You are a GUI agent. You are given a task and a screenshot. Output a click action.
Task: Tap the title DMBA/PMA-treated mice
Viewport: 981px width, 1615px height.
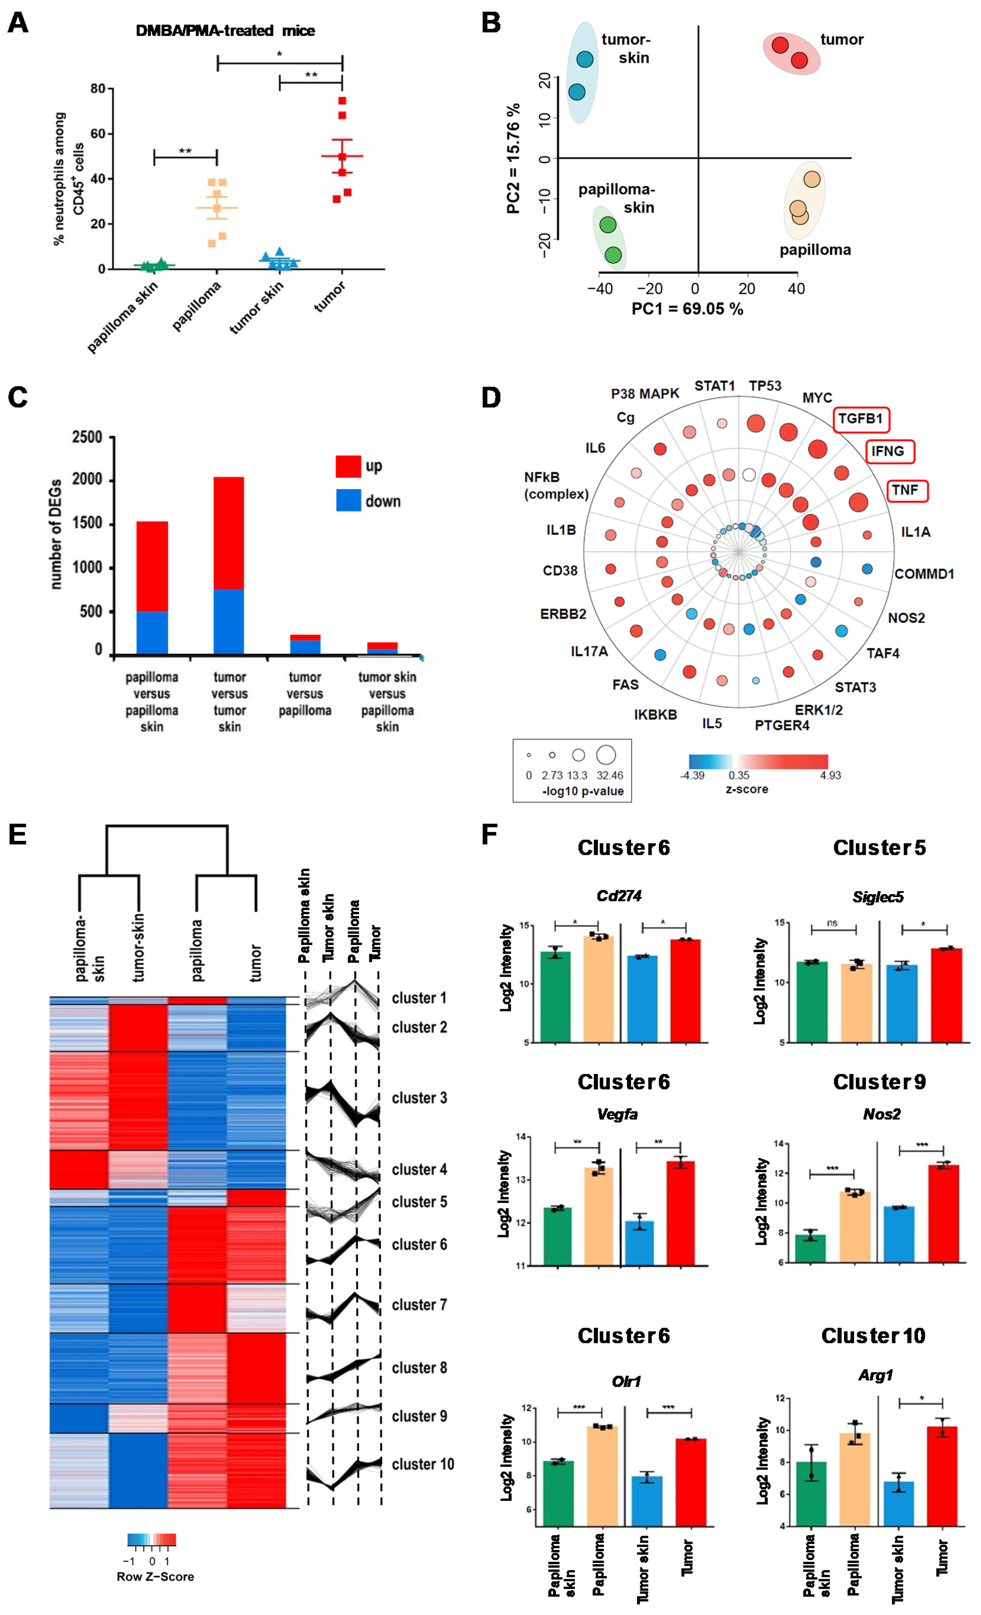[225, 31]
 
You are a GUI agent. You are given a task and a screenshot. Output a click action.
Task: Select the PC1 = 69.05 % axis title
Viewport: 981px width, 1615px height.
[687, 309]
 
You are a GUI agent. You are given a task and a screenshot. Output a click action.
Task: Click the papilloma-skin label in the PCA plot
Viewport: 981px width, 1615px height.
[617, 198]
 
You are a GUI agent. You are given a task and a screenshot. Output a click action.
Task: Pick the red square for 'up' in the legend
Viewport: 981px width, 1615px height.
[348, 466]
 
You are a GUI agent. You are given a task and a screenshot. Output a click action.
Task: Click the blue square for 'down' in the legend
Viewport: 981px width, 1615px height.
[348, 501]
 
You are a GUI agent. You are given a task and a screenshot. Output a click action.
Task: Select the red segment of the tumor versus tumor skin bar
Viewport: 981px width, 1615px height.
[229, 533]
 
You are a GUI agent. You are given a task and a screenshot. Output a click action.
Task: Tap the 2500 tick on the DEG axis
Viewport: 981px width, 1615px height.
[87, 437]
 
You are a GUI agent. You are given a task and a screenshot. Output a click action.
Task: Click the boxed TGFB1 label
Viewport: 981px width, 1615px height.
[860, 419]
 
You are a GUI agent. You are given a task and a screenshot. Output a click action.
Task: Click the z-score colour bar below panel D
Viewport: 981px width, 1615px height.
[758, 761]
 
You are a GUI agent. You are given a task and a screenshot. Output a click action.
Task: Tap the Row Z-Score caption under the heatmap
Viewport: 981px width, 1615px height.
[155, 1576]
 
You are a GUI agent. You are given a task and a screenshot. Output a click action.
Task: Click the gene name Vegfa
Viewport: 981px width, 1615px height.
[617, 1114]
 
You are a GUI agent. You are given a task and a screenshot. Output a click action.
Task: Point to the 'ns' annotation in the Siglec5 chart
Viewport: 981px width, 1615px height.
[832, 923]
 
